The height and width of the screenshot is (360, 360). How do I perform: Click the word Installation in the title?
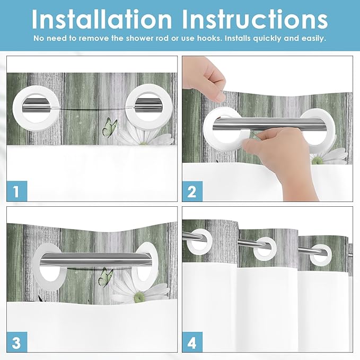(102, 19)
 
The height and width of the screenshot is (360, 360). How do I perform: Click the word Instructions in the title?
(255, 19)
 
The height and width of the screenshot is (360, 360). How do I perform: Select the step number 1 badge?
(17, 191)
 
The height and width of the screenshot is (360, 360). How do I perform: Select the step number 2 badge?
(192, 191)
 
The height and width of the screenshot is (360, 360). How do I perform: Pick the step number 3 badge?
(17, 342)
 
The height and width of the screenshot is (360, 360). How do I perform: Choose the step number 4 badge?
(192, 342)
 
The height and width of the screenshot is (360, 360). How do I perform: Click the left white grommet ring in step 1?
(16, 108)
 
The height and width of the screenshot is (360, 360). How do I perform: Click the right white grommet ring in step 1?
(129, 108)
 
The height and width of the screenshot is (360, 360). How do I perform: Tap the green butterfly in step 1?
(110, 128)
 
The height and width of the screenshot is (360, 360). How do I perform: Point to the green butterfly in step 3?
(106, 277)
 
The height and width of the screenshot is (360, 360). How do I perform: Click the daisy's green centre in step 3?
(139, 297)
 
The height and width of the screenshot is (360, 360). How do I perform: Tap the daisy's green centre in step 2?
(318, 161)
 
